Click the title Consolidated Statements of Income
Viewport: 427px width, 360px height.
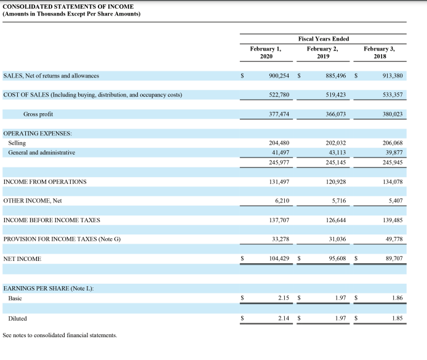tap(68, 6)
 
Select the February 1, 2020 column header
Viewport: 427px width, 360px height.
tap(266, 52)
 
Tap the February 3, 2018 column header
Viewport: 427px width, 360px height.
tap(380, 52)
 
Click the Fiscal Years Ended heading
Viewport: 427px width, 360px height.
tap(323, 39)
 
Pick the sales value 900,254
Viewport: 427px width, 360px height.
tap(279, 76)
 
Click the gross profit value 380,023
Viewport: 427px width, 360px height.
tap(393, 114)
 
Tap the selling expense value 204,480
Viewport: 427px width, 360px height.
tap(279, 143)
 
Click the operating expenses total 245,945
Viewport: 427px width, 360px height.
tap(393, 162)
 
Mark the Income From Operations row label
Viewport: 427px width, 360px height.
tap(45, 182)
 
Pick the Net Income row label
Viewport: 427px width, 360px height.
tap(22, 258)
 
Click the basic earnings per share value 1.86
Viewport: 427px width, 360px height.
tap(397, 298)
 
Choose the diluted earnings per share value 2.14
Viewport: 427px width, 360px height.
tap(283, 318)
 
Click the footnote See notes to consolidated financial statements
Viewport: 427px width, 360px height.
tap(60, 335)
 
